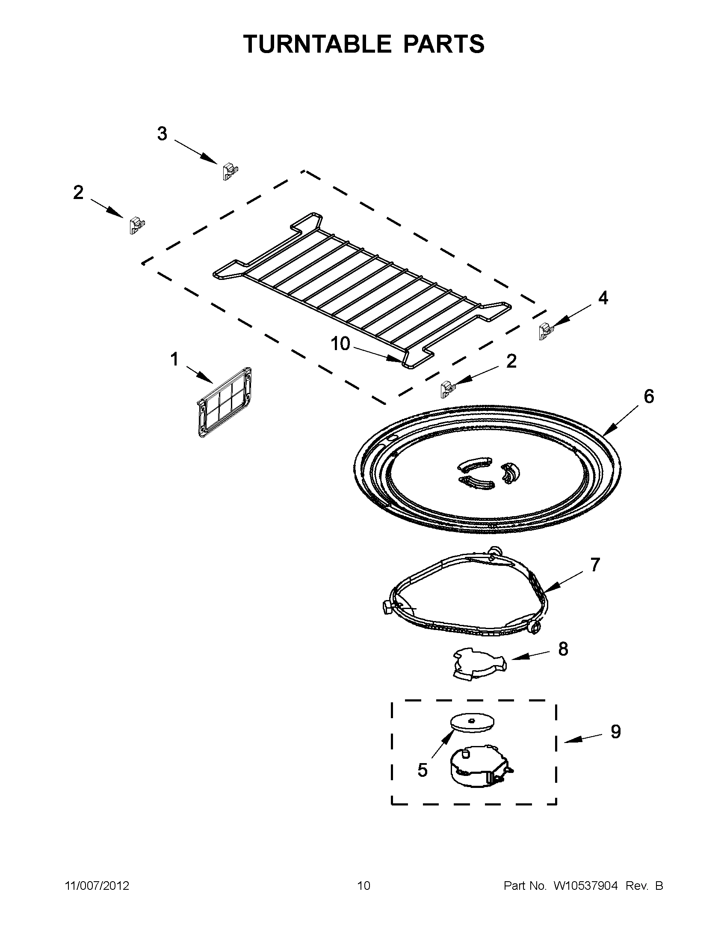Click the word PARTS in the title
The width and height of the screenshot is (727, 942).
pos(443,44)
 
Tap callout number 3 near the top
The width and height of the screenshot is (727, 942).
pos(162,134)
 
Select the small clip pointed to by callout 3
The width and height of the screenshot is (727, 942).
pos(230,172)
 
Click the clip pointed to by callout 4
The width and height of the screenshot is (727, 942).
pos(545,332)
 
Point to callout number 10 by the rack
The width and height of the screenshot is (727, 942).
pos(340,344)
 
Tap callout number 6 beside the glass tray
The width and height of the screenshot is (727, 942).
pos(649,396)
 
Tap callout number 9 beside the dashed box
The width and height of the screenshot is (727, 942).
pos(615,731)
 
